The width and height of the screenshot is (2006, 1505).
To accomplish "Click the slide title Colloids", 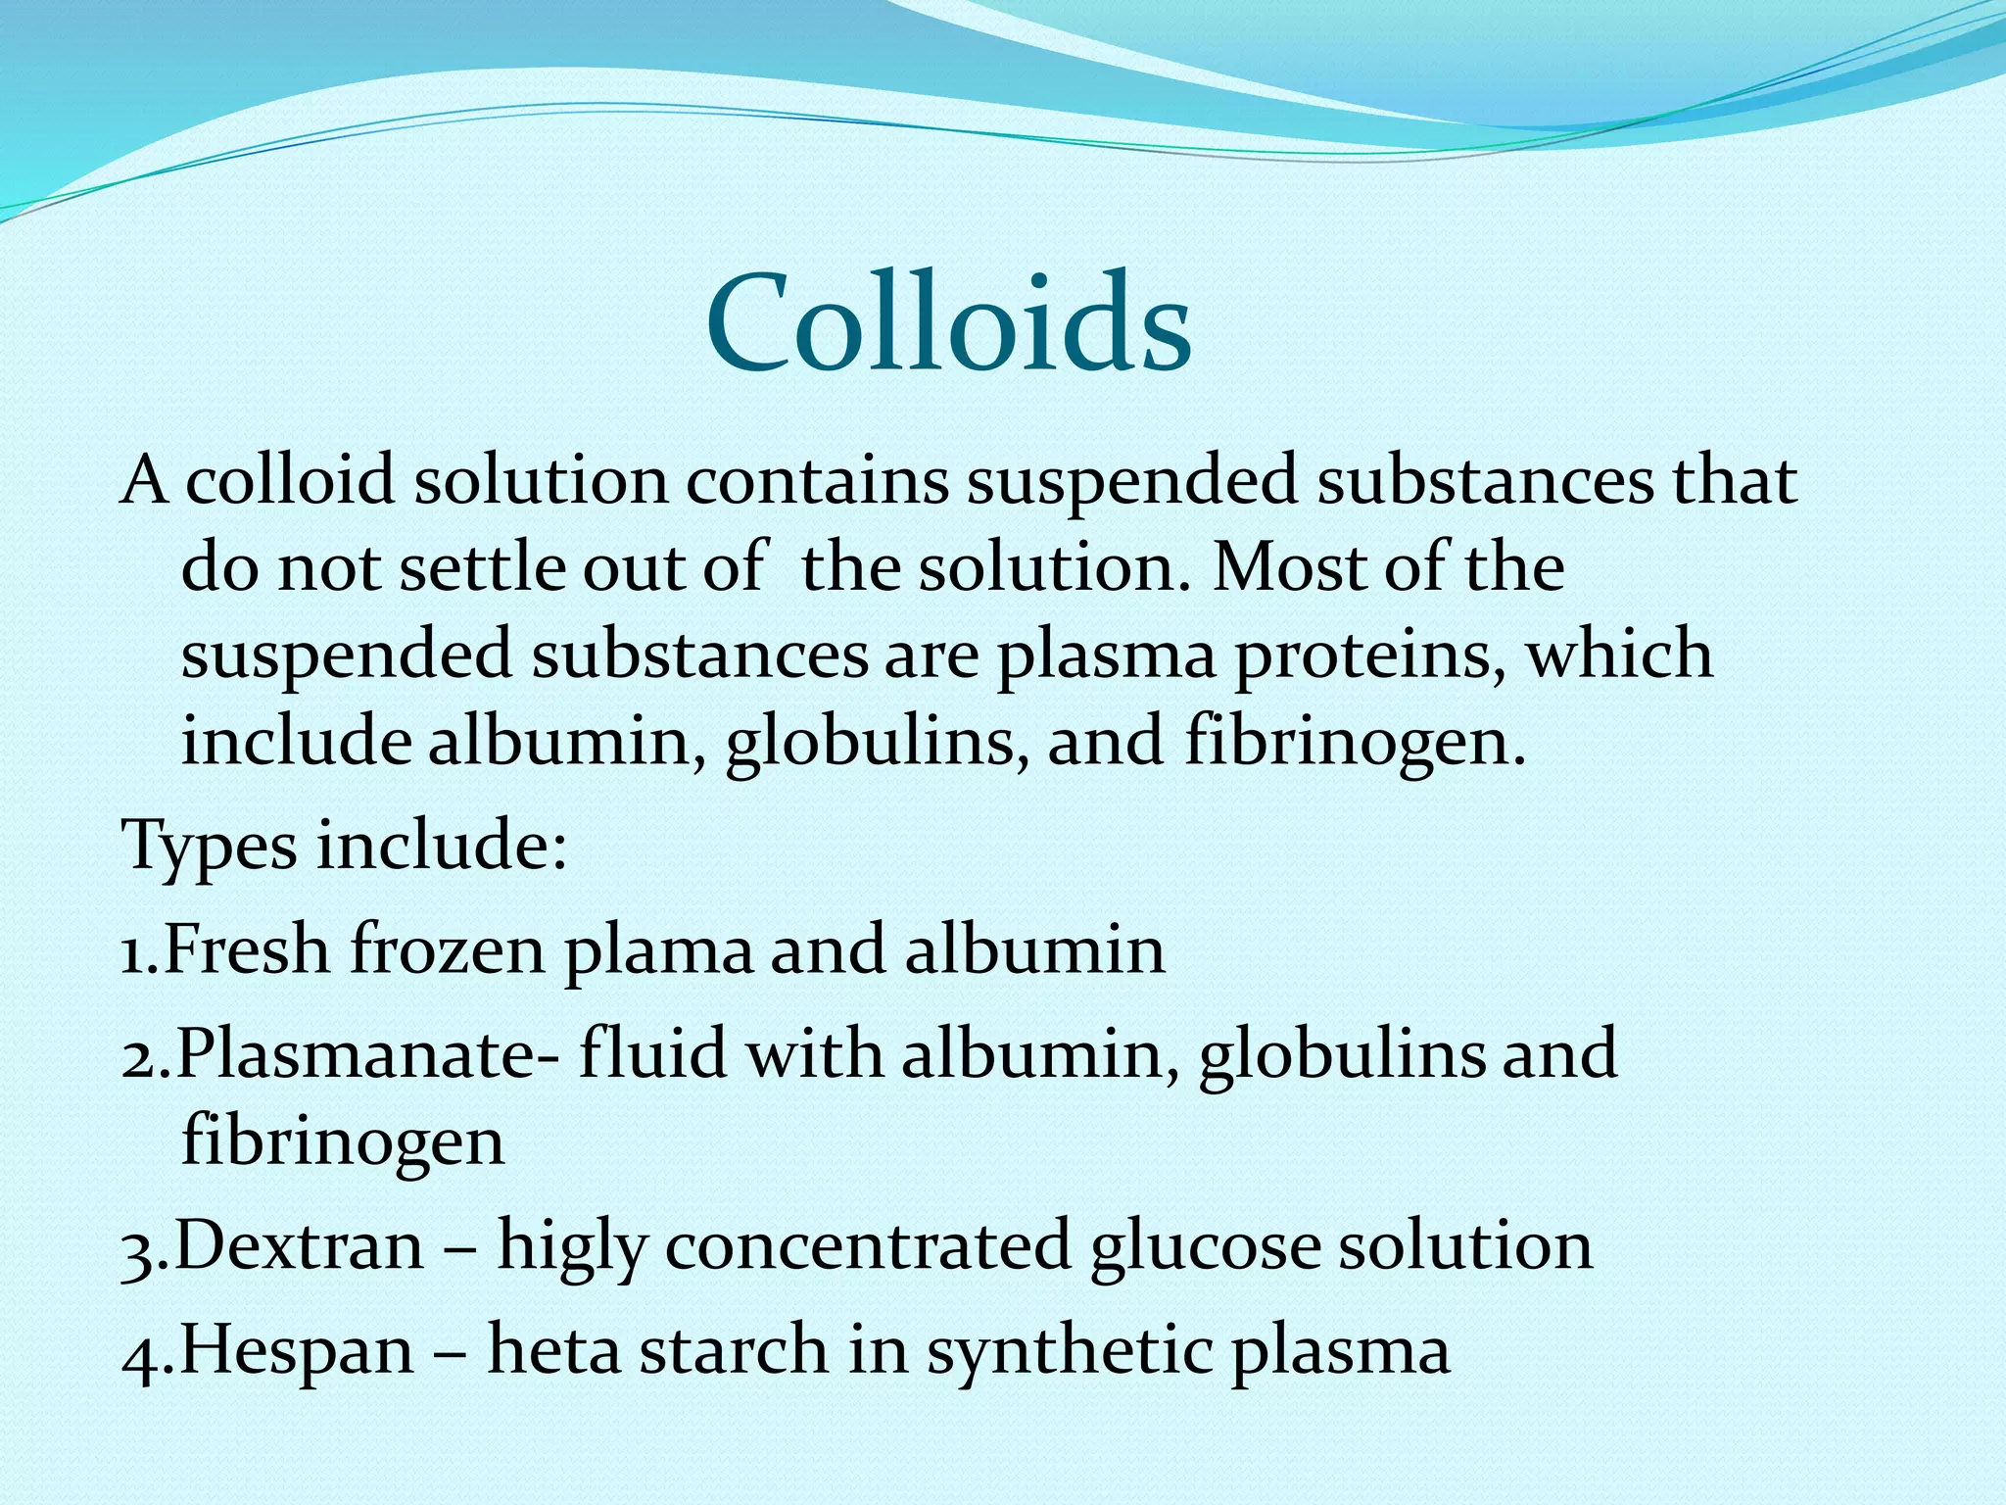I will click(x=948, y=323).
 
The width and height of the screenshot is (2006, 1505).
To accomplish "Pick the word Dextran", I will click(x=300, y=1246).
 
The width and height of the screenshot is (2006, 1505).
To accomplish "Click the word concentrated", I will click(x=868, y=1246).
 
